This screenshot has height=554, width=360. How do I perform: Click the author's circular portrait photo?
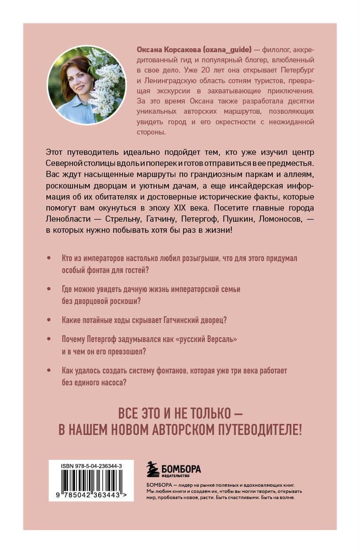[86, 85]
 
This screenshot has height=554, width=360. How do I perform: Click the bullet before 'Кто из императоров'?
[48, 258]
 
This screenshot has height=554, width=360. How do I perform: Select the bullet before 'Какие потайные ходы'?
[48, 319]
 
